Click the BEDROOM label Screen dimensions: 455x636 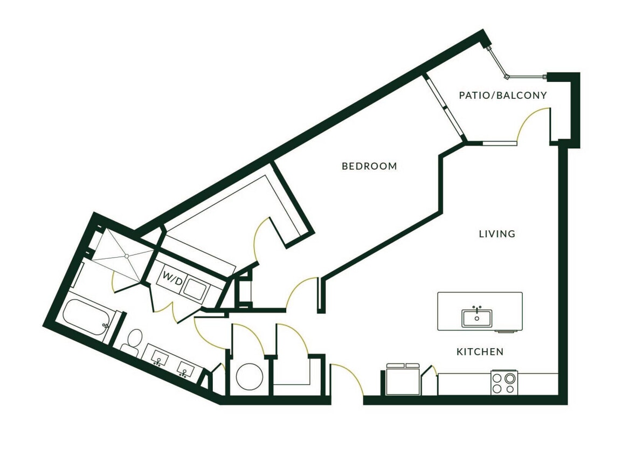click(x=369, y=167)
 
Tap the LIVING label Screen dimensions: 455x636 click(x=497, y=234)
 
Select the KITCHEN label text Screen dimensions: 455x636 click(x=480, y=352)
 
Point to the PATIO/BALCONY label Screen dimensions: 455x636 click(x=502, y=96)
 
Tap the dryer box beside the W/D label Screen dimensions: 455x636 click(x=194, y=287)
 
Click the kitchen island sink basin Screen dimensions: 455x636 click(x=477, y=318)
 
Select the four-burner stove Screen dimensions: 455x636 click(x=504, y=383)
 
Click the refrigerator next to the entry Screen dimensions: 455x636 click(x=403, y=380)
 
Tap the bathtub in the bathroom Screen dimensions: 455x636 click(x=85, y=318)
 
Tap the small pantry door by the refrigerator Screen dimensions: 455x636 click(x=430, y=371)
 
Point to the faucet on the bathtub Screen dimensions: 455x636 click(x=106, y=325)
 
